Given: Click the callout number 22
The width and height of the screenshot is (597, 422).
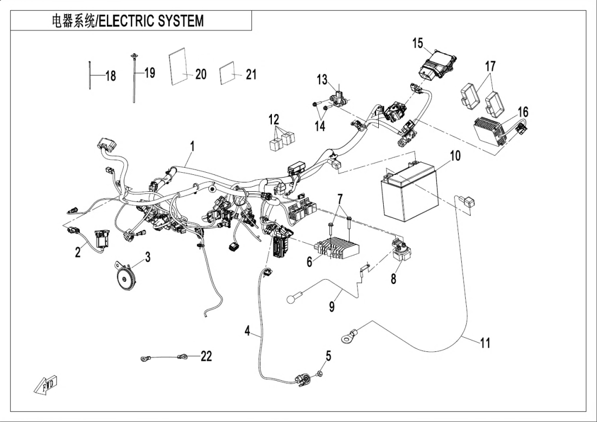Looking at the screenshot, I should (x=206, y=356).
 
